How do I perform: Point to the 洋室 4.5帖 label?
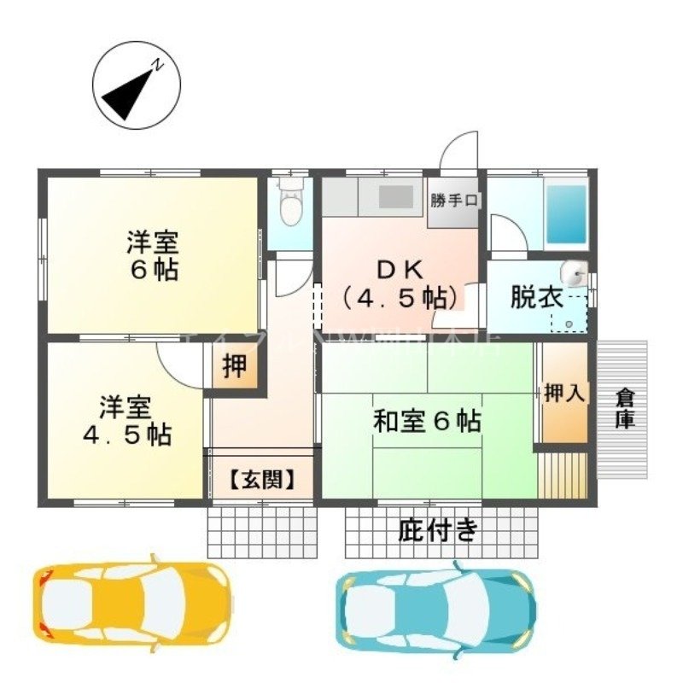(x=127, y=419)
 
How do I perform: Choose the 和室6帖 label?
(x=426, y=420)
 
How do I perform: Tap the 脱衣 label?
(x=536, y=299)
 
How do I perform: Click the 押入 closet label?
(x=564, y=394)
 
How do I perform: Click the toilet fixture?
(x=291, y=204)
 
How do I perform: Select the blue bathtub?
(x=566, y=213)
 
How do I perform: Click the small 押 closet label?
(x=234, y=366)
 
